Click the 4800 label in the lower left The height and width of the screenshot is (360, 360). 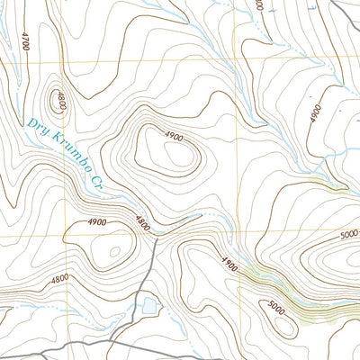coord(59,279)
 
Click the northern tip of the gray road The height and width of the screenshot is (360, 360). coord(156,240)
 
